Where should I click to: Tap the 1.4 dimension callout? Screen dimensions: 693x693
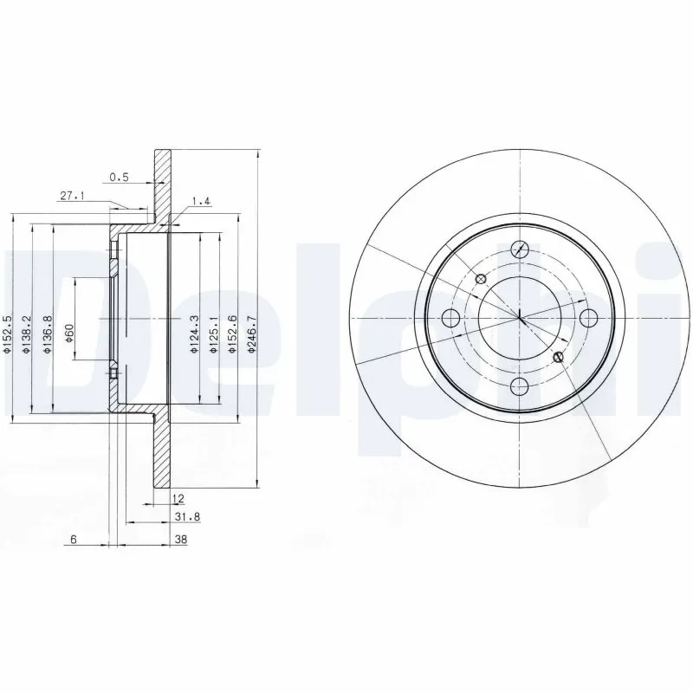point(201,202)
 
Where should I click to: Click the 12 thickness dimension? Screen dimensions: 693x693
point(178,499)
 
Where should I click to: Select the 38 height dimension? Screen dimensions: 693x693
point(180,539)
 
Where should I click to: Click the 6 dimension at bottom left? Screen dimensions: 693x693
point(74,539)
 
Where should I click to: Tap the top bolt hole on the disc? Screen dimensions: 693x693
point(520,249)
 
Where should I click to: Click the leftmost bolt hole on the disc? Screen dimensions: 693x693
point(450,317)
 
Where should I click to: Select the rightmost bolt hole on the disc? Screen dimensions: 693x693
point(588,317)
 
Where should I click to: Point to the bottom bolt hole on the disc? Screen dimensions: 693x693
point(520,385)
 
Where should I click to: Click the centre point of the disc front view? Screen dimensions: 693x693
point(520,317)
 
